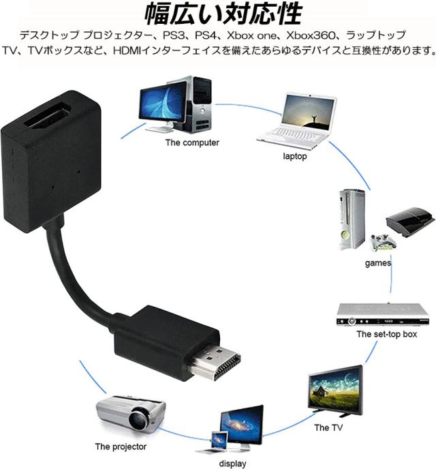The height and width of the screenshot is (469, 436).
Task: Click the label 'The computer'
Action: [192, 143]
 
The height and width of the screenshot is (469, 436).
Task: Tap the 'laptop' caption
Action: [295, 156]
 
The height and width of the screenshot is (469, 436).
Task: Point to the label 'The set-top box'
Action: [386, 335]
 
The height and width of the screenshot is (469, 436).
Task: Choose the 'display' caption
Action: [232, 464]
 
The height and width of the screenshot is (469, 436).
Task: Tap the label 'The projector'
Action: [121, 447]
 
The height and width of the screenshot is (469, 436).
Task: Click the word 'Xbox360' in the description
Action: [311, 34]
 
